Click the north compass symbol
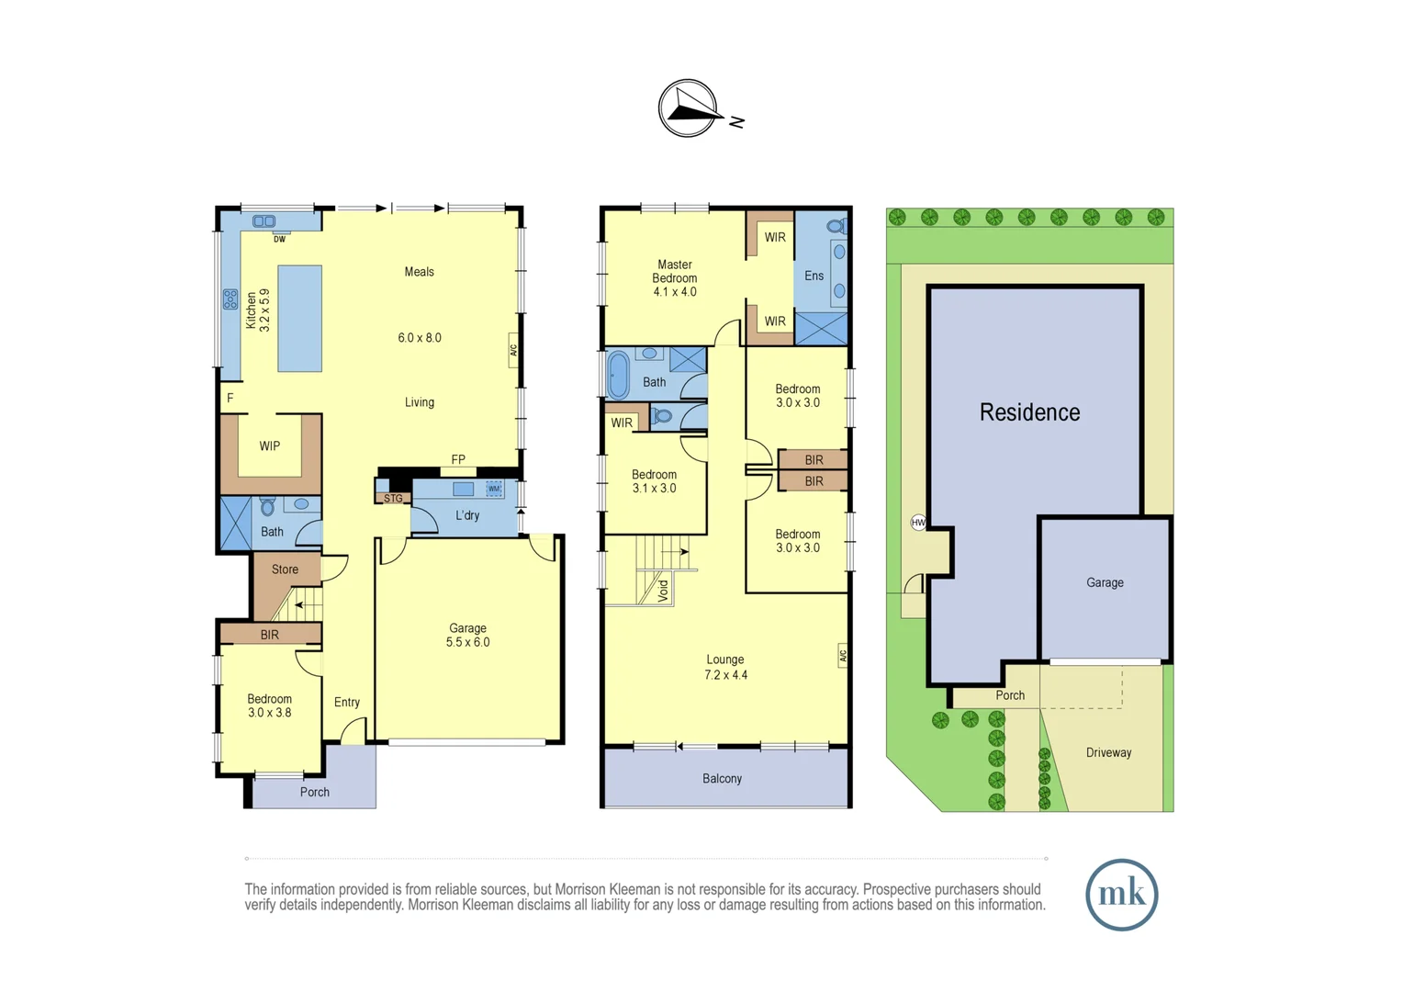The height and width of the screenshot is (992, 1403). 688,108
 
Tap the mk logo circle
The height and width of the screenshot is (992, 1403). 1121,895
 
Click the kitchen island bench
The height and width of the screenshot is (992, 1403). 299,318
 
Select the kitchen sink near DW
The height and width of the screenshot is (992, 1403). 264,221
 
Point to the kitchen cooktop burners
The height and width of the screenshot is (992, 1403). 230,299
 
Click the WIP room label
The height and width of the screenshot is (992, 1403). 269,446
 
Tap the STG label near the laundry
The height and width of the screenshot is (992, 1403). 393,498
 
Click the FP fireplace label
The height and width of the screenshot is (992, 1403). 458,459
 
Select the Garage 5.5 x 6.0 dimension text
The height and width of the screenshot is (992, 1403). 467,643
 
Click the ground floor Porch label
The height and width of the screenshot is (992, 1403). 314,792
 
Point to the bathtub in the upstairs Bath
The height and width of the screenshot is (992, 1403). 618,375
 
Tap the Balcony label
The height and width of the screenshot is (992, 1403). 722,779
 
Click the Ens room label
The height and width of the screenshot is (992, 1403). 814,276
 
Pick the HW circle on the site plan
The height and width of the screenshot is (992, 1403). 918,523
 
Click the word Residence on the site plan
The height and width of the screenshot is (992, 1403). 1029,412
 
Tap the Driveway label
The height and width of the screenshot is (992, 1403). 1108,753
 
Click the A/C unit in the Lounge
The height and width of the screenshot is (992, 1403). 842,655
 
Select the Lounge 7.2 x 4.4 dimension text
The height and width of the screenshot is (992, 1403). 725,675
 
